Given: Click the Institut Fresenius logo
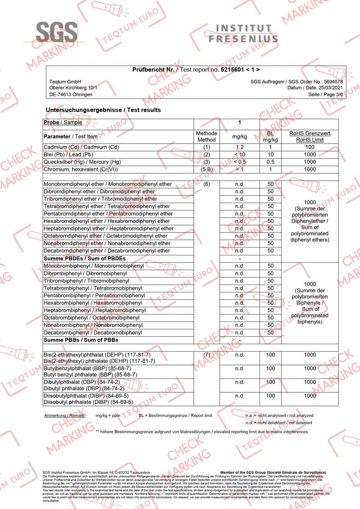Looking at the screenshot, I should tap(243, 33).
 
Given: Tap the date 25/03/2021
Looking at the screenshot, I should tap(328, 88).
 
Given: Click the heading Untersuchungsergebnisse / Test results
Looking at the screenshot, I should tap(103, 110).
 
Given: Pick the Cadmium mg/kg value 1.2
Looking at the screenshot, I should tap(239, 147).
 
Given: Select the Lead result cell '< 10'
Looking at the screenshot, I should tap(239, 154).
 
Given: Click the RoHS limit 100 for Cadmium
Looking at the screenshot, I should tap(310, 147).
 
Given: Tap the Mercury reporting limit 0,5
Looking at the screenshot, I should tap(270, 162).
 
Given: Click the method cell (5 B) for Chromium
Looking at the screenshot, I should tap(206, 169).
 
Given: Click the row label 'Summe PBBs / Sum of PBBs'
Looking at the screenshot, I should tap(81, 340).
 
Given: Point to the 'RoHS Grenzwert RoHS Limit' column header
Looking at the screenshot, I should tap(310, 137).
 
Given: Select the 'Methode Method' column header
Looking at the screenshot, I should tap(206, 137).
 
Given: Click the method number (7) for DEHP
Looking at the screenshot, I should tap(206, 355).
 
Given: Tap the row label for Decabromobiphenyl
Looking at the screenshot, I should tap(93, 332).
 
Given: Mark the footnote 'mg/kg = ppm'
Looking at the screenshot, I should tap(108, 415).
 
